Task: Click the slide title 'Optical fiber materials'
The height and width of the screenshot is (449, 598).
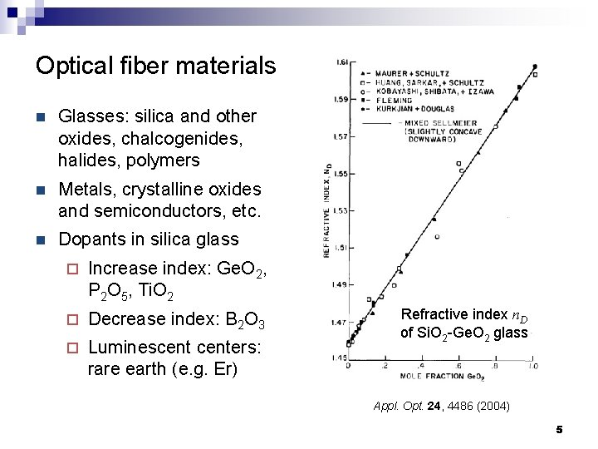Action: coord(155,66)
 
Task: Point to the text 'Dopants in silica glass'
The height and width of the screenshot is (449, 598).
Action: coord(148,239)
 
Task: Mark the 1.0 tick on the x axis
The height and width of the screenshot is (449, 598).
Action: coord(532,366)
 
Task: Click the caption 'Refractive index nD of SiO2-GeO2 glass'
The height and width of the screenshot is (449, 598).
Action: coord(463,323)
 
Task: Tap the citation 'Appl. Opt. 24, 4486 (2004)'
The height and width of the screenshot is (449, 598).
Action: coord(442,407)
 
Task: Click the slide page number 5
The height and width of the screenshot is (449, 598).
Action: coord(559,429)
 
